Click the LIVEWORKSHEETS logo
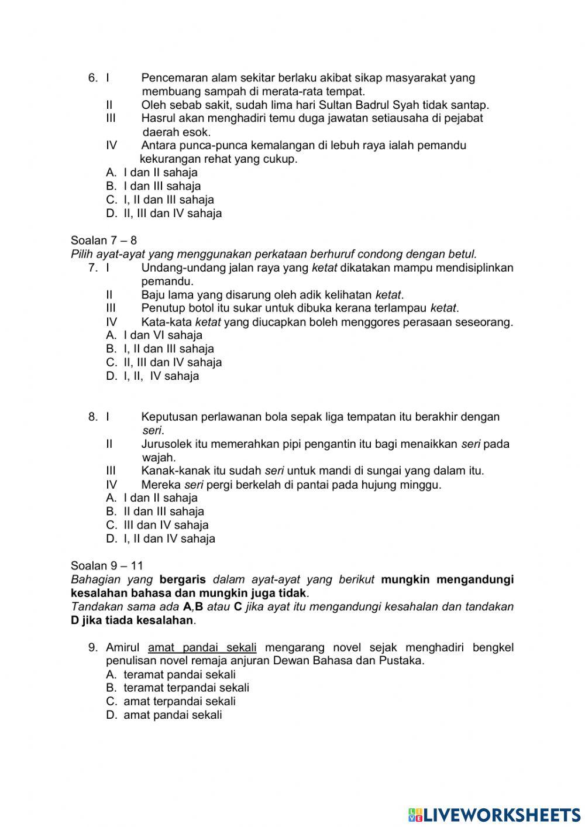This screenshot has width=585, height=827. [x=494, y=814]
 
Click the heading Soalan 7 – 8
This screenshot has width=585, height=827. [x=104, y=241]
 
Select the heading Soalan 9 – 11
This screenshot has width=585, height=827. [x=106, y=566]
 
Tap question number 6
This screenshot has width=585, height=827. [x=92, y=78]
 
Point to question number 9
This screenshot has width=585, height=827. [x=92, y=647]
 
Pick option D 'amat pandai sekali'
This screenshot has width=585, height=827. [x=164, y=715]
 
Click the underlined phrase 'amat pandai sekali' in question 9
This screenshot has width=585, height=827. [x=202, y=647]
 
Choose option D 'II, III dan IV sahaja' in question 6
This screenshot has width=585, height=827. [x=164, y=214]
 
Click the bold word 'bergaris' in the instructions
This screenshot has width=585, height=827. [x=183, y=579]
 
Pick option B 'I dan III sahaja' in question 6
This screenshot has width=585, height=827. [x=153, y=187]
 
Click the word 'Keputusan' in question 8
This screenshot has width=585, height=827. [x=169, y=417]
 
